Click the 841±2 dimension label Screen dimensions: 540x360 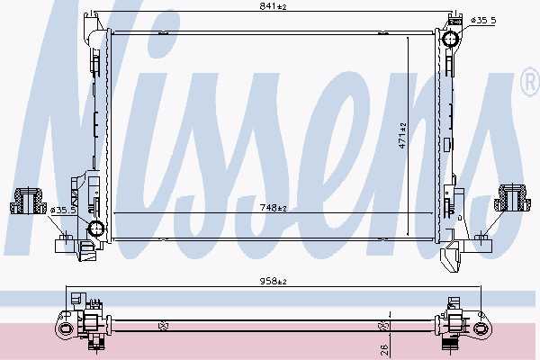(x=273, y=6)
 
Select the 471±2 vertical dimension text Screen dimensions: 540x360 (x=402, y=136)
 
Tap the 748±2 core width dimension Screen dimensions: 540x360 (x=274, y=208)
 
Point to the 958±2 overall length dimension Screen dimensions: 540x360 (x=274, y=282)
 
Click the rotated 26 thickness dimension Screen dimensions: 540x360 (x=384, y=350)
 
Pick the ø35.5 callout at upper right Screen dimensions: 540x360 (x=483, y=21)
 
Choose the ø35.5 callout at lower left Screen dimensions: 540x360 (x=63, y=210)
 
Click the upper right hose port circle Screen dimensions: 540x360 (x=451, y=39)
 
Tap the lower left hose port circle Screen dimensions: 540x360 (x=96, y=228)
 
